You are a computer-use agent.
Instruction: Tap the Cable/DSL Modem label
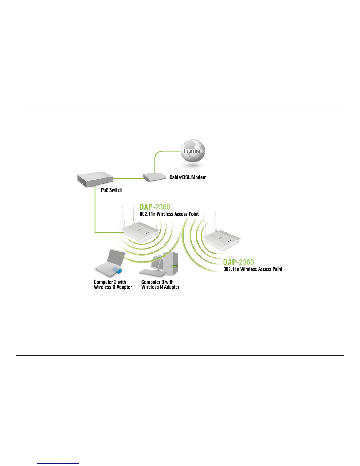(x=188, y=177)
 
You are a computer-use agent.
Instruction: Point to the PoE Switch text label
(x=111, y=190)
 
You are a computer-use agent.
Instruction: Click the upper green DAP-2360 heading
(x=155, y=207)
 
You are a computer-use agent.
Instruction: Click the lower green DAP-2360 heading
(x=238, y=262)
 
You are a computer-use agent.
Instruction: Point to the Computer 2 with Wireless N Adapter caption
(x=113, y=284)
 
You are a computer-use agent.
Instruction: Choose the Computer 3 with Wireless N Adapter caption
(x=160, y=284)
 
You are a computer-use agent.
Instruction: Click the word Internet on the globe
(x=193, y=151)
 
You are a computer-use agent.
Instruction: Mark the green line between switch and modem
(x=128, y=178)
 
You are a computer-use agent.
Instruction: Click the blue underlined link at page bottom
(x=59, y=463)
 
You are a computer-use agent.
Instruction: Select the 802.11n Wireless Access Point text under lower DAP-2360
(x=253, y=269)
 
